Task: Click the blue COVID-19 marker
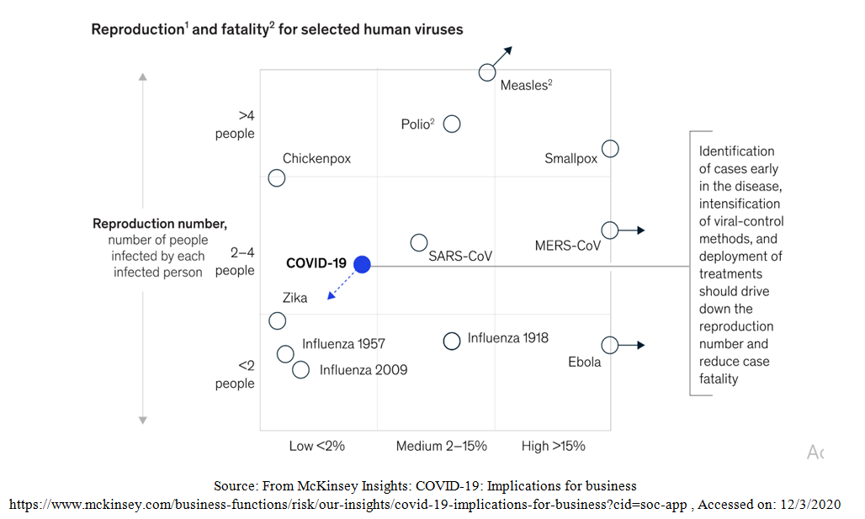pos(362,264)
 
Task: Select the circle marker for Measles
pos(487,72)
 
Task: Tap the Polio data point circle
pos(452,124)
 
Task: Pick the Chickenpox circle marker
pos(276,178)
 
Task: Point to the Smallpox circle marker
pos(610,149)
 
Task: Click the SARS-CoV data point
pos(418,243)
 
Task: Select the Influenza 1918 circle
pos(452,341)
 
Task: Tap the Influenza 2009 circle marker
pos(300,369)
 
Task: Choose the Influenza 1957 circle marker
pos(285,354)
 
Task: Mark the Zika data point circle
pos(277,320)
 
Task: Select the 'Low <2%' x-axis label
pos(316,446)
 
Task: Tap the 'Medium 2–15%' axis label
pos(442,446)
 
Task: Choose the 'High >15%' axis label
pos(554,446)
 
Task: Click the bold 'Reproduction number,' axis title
pos(160,224)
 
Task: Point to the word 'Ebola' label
pos(585,363)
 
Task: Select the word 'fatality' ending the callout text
pos(719,379)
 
